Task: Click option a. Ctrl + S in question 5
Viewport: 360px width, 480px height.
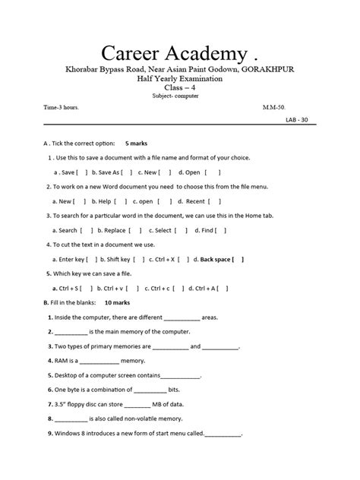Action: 68,289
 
